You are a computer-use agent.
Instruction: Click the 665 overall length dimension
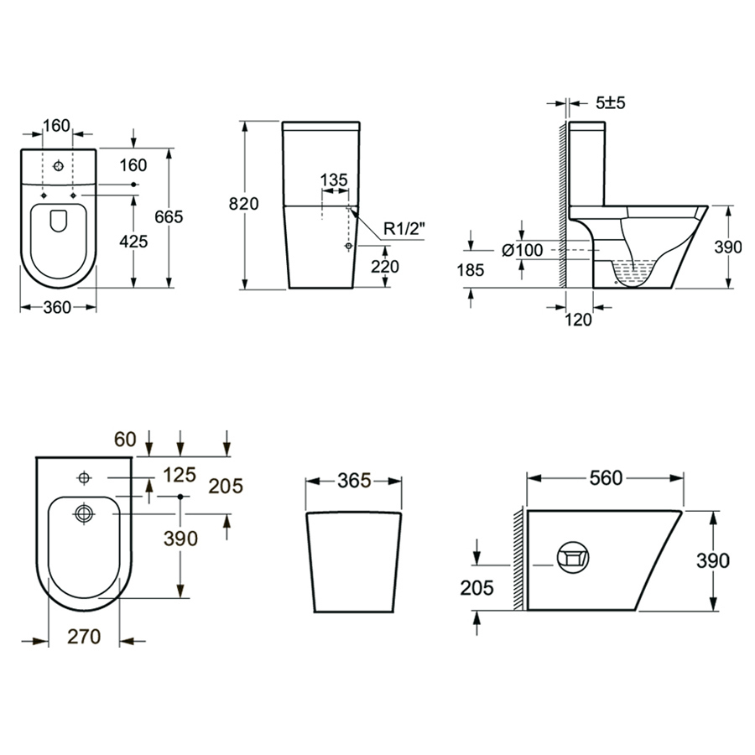(169, 216)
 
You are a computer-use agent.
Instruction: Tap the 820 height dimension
(243, 204)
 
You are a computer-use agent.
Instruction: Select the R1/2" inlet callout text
(404, 228)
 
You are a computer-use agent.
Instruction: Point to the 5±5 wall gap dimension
(610, 102)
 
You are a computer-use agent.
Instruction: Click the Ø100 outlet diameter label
(523, 250)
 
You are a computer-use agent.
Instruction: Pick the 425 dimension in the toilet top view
(133, 242)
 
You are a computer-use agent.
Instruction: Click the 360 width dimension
(57, 307)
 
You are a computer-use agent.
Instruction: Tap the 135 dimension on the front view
(334, 180)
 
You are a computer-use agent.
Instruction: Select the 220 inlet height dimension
(385, 266)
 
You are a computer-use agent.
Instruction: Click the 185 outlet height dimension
(470, 270)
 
